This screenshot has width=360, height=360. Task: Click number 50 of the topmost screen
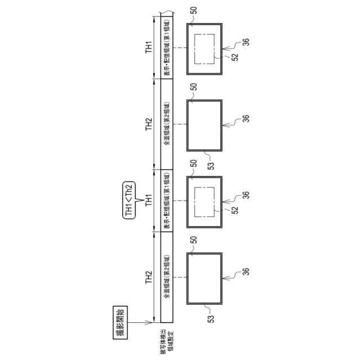(x=194, y=10)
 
